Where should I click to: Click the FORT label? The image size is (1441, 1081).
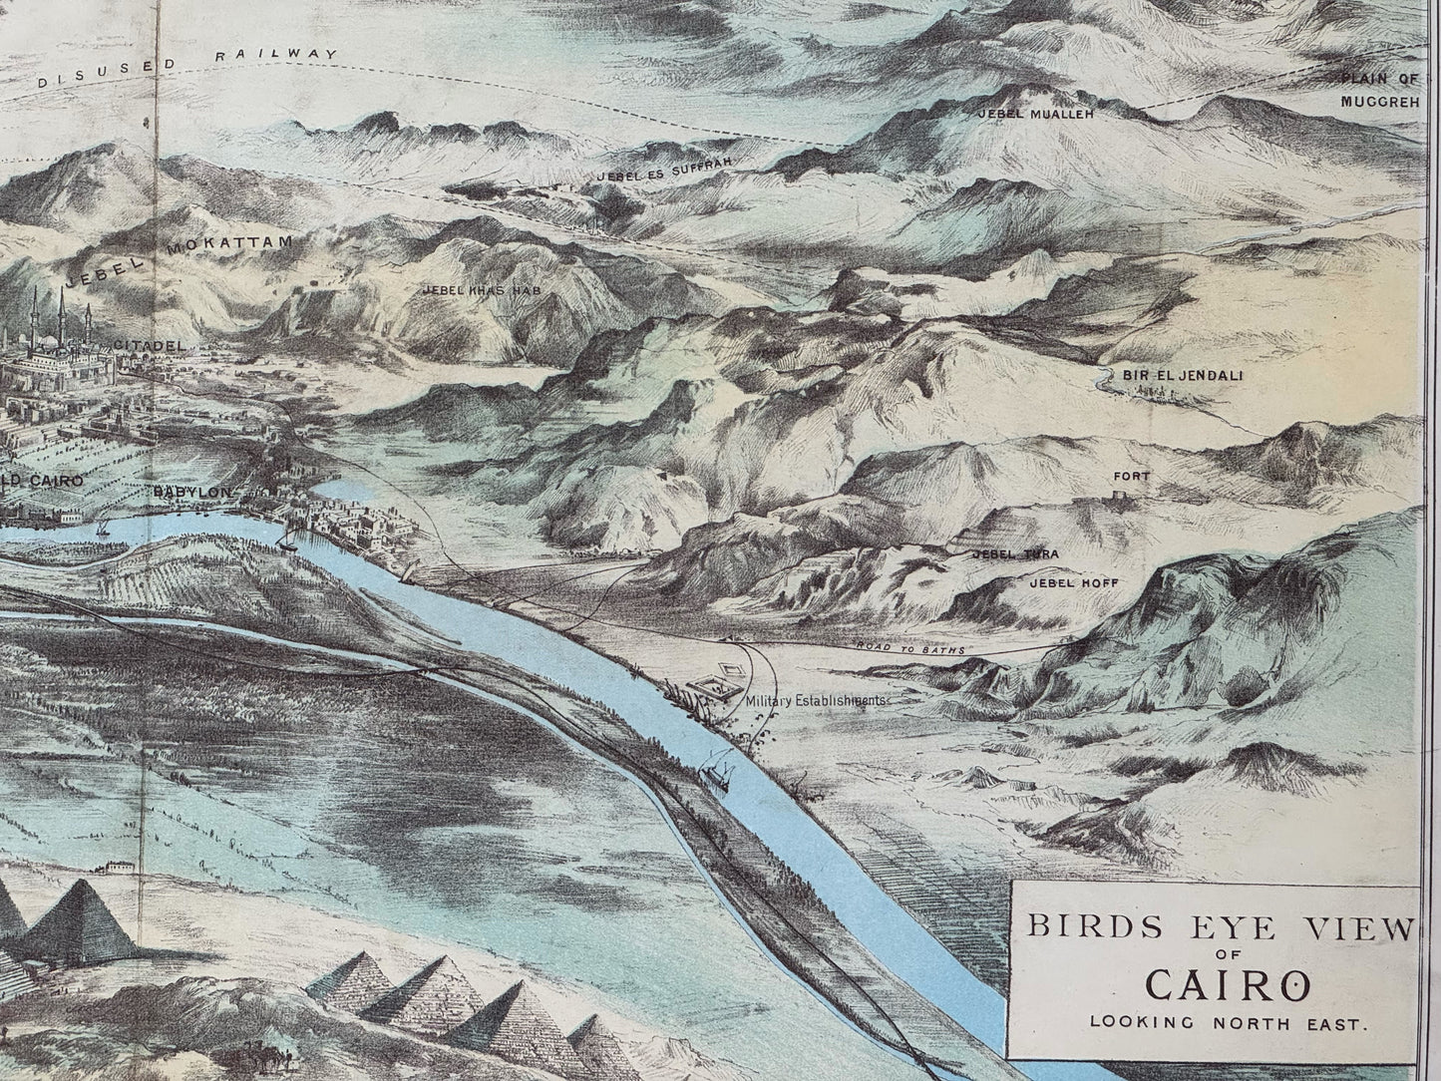coord(1131,477)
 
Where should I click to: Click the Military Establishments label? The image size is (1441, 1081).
coord(817,700)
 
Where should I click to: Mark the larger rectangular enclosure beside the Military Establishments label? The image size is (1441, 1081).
coord(713,686)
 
